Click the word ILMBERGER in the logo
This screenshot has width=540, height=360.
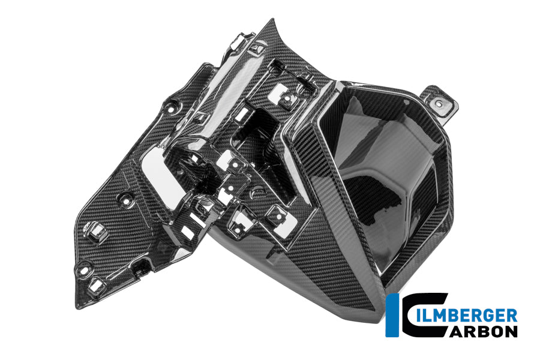pyautogui.click(x=466, y=316)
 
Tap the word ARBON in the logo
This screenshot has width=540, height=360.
pyautogui.click(x=481, y=331)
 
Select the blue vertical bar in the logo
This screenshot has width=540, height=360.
pyautogui.click(x=390, y=316)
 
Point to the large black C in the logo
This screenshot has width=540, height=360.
pyautogui.click(x=423, y=316)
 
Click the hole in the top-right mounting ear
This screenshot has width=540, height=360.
pyautogui.click(x=439, y=103)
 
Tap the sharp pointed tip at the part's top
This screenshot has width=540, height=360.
pyautogui.click(x=272, y=19)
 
